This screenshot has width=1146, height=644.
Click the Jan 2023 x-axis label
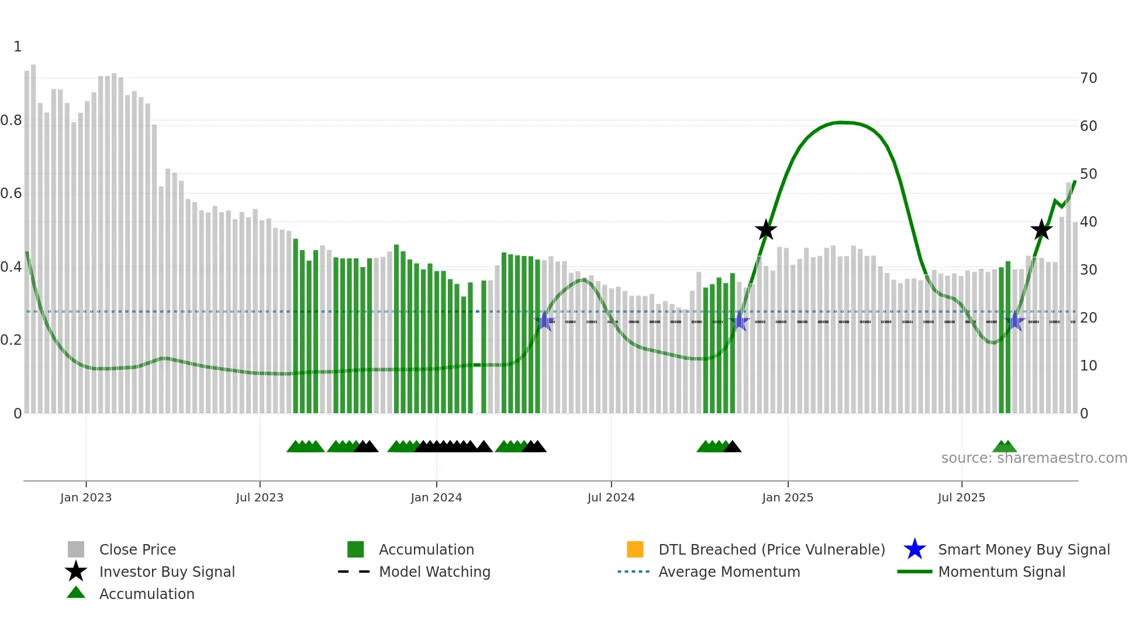coord(85,497)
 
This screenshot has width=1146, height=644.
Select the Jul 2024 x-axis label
coord(610,497)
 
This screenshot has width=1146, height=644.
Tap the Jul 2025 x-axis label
coord(961,497)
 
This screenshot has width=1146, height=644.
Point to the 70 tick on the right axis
coord(1088,78)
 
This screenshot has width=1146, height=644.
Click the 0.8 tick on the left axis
coord(11,120)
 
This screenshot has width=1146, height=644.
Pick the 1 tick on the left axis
coord(18,47)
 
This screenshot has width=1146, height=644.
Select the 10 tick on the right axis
coord(1088,366)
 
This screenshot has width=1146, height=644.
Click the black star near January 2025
coord(765,230)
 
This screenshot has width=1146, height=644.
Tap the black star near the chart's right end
coord(1041,230)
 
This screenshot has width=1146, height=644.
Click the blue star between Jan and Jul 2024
coord(544,321)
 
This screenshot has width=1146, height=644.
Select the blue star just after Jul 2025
coord(1016,321)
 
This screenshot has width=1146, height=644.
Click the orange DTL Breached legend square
coord(635,549)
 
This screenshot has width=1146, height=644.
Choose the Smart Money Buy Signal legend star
coord(914,549)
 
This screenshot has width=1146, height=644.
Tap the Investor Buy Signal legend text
coord(167,572)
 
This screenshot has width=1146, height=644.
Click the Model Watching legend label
coord(434,572)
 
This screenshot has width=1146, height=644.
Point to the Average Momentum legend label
coord(729,572)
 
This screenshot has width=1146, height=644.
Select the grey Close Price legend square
coord(76,549)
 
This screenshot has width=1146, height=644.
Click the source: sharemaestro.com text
coord(1034,458)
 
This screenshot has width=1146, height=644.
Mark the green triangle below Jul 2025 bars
coord(1005,447)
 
